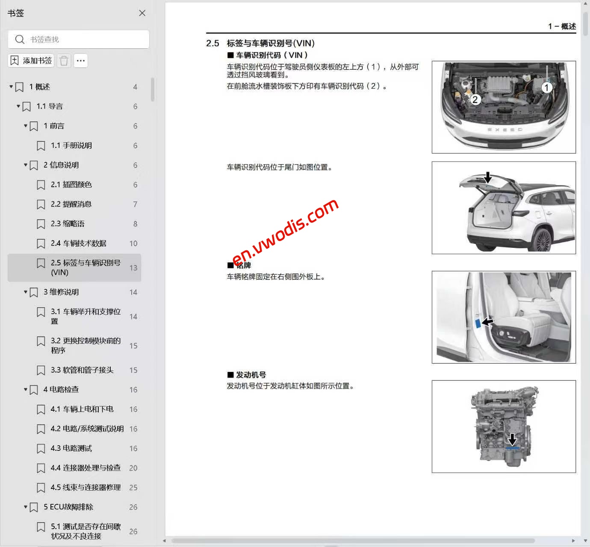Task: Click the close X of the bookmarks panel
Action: [142, 13]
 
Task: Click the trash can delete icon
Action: [64, 61]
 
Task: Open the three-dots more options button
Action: [81, 61]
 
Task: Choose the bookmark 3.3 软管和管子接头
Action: [82, 370]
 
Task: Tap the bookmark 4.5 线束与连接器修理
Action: [85, 487]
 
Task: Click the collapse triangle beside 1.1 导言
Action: [18, 106]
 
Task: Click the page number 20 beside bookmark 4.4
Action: [133, 468]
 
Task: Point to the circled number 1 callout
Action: [546, 88]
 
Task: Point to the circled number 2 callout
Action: [475, 100]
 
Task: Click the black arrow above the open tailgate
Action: [487, 177]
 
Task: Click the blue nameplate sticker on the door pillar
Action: [478, 323]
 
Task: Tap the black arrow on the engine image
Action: [512, 439]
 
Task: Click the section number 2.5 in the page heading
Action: [212, 43]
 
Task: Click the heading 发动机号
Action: [251, 375]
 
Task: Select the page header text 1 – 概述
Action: [562, 26]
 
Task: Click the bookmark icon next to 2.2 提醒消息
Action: [41, 204]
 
